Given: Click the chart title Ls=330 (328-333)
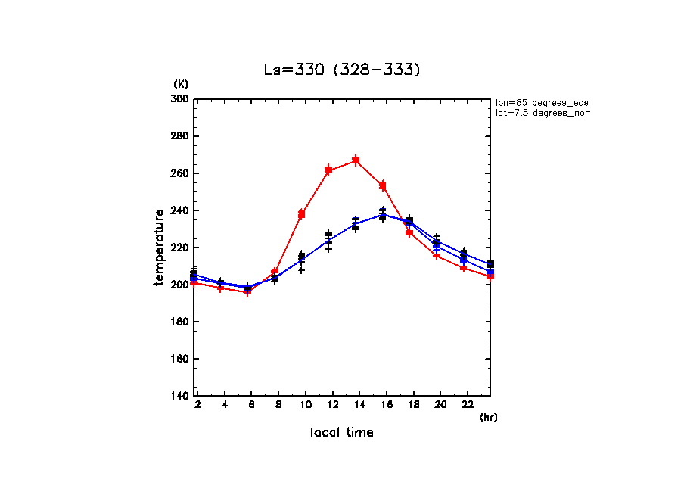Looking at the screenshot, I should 341,70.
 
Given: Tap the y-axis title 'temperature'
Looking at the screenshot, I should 159,247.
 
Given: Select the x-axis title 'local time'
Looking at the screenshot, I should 341,432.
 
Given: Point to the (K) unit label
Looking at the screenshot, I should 181,83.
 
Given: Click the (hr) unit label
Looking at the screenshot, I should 488,416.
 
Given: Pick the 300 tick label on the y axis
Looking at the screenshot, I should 179,99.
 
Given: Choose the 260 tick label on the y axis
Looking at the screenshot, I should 179,173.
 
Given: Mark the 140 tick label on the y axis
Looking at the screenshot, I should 179,396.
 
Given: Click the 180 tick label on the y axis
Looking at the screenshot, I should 179,322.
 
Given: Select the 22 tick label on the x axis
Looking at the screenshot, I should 468,406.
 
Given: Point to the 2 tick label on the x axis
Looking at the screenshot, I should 197,406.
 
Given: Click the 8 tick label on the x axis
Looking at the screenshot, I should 278,406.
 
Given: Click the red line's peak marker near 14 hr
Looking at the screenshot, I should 356,160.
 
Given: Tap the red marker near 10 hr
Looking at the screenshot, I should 301,214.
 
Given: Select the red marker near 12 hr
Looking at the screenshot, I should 328,170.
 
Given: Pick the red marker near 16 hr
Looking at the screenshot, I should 383,185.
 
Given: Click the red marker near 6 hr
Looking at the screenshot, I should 247,291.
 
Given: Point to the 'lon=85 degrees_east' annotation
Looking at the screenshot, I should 542,102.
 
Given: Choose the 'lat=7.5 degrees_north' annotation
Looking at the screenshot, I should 542,113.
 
